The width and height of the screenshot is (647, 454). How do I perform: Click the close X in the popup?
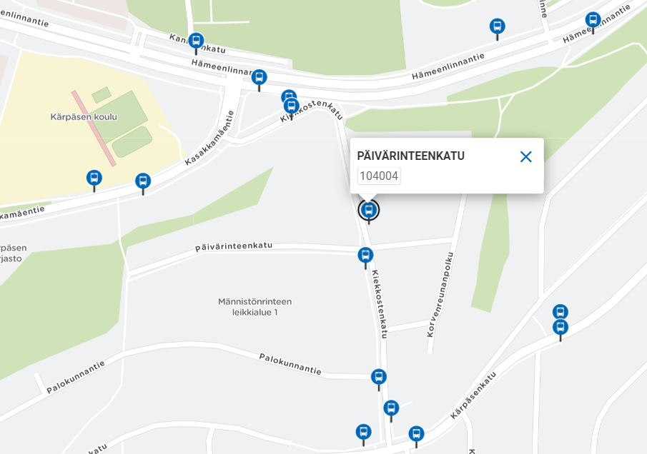tap(525, 157)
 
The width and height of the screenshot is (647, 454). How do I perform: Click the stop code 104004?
tap(379, 176)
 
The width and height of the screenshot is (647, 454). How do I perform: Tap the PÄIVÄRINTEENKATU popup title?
tap(410, 156)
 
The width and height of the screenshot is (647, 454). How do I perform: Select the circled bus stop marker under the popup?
tap(369, 210)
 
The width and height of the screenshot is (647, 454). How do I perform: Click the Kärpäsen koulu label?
tap(84, 116)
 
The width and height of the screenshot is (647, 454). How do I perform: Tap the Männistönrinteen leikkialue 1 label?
tap(255, 307)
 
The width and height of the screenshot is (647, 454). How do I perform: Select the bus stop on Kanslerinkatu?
tap(196, 41)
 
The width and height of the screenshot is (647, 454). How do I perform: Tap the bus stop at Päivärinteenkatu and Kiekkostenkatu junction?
tap(365, 256)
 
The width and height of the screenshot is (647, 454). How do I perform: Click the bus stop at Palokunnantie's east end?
tap(379, 377)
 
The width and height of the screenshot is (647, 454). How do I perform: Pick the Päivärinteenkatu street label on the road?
tap(234, 246)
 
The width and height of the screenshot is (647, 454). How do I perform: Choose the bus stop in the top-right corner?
tap(593, 20)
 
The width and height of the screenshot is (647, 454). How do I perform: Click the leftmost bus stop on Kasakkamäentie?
tap(94, 178)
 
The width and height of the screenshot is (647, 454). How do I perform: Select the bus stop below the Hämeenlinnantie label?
tap(259, 77)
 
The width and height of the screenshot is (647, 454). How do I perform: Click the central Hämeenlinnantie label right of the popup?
tap(448, 66)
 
